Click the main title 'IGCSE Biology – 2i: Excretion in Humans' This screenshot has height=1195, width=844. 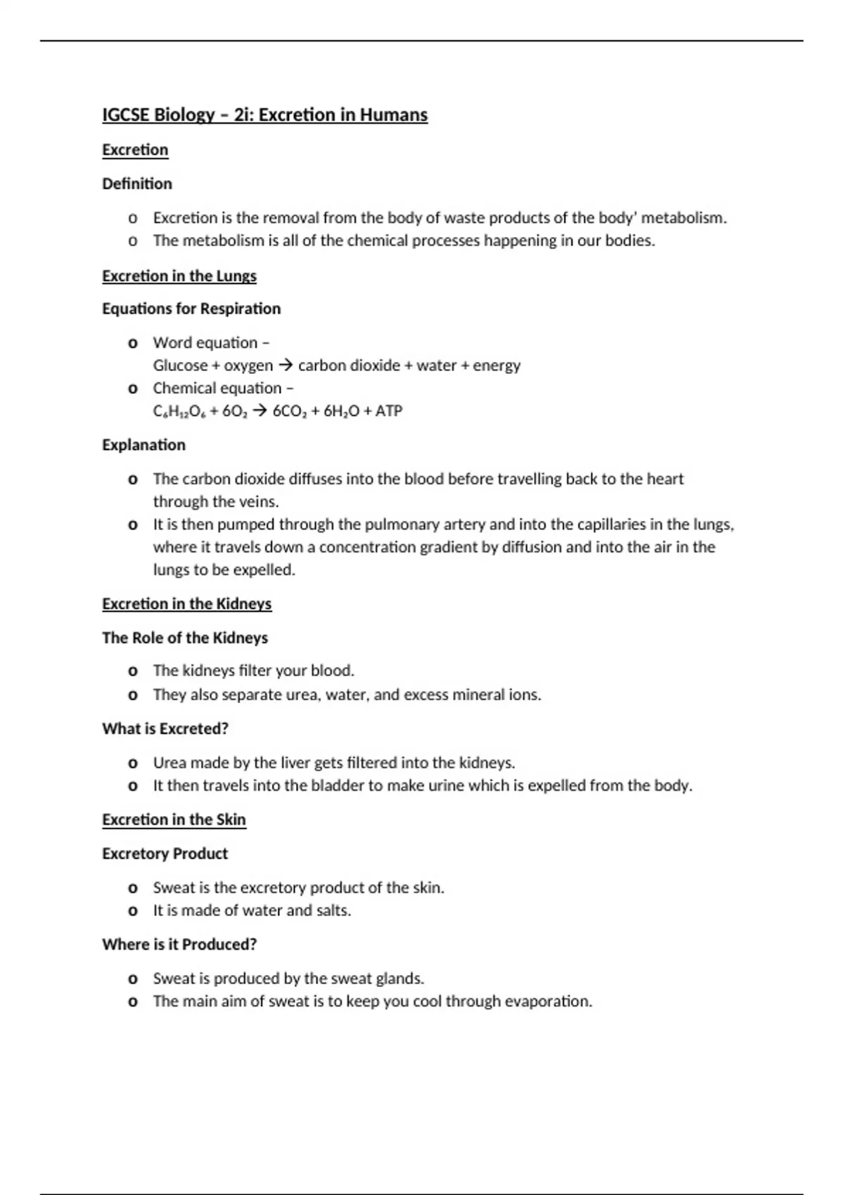pyautogui.click(x=264, y=115)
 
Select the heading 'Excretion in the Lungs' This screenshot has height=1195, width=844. pyautogui.click(x=179, y=276)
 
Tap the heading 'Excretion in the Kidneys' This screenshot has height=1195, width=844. pyautogui.click(x=186, y=604)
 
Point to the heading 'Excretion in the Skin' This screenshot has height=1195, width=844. pyautogui.click(x=174, y=820)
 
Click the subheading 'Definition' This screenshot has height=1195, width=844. pyautogui.click(x=136, y=183)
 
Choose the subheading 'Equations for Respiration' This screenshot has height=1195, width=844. pyautogui.click(x=191, y=309)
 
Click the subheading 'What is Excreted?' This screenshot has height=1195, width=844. pyautogui.click(x=165, y=729)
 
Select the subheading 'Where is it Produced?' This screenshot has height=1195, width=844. pyautogui.click(x=179, y=944)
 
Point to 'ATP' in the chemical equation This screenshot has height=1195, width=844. pyautogui.click(x=388, y=411)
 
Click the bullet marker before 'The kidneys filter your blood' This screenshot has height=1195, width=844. pyautogui.click(x=132, y=672)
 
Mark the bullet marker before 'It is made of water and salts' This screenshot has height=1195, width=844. pyautogui.click(x=132, y=912)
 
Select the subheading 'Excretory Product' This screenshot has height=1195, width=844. pyautogui.click(x=165, y=853)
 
